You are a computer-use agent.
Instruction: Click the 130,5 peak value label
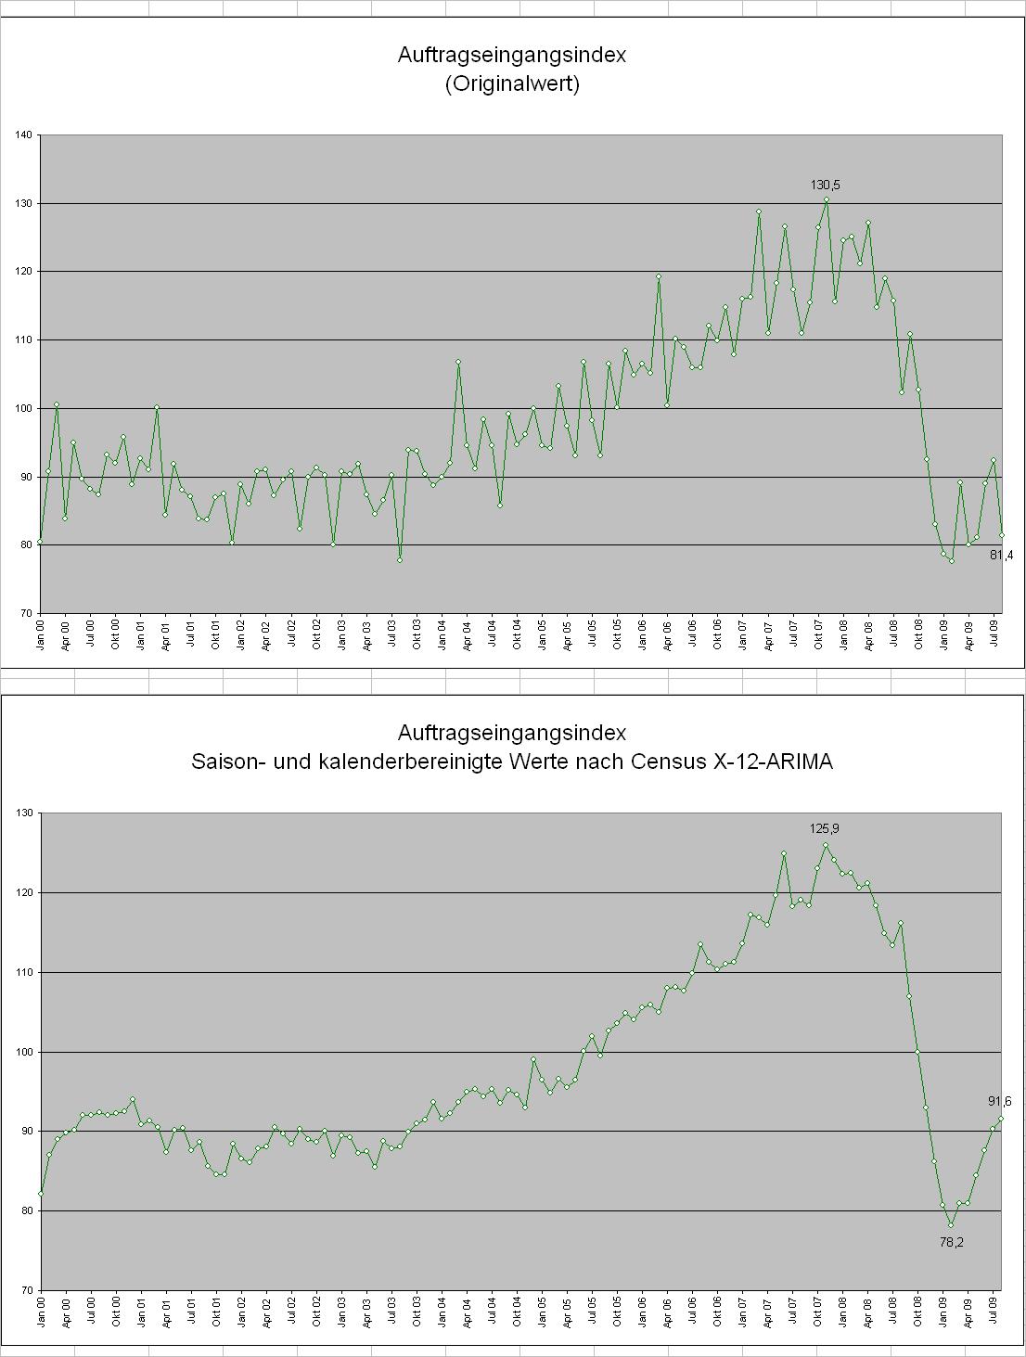[825, 186]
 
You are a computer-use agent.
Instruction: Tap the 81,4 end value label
[1002, 555]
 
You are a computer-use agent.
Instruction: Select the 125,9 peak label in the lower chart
[825, 828]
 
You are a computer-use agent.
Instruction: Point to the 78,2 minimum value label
[951, 1242]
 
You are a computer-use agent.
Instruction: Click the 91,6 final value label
[999, 1101]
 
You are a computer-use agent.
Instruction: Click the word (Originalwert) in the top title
[512, 84]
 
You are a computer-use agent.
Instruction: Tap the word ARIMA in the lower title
[802, 762]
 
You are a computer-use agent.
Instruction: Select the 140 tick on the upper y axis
[23, 135]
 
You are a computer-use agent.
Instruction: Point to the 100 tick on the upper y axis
[23, 408]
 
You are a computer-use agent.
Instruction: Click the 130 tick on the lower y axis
[23, 813]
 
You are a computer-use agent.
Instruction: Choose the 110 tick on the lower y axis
[23, 972]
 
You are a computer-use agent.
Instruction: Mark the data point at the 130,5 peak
[826, 199]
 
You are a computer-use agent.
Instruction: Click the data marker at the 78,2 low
[951, 1224]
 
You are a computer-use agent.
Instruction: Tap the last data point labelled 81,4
[1002, 535]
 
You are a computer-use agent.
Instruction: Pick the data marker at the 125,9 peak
[826, 845]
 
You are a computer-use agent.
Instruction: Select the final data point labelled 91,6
[1002, 1119]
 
